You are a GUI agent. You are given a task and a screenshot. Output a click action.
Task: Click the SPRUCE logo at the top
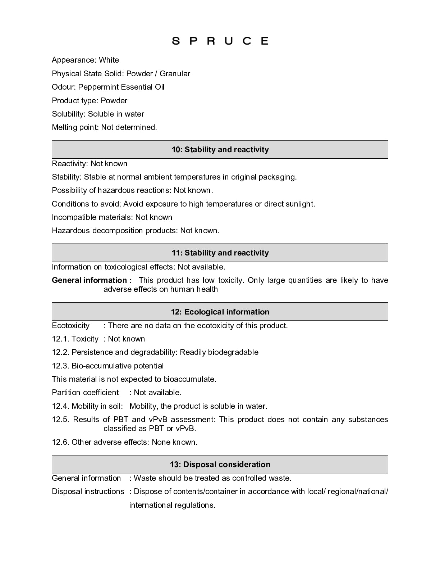220,41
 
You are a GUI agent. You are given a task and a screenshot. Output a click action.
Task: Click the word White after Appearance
109,60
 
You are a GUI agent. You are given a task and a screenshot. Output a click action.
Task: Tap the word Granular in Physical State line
175,74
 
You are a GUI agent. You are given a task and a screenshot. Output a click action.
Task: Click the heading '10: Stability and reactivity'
220,150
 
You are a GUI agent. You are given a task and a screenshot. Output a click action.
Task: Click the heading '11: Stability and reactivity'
220,253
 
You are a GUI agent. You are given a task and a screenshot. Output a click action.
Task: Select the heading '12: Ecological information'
220,312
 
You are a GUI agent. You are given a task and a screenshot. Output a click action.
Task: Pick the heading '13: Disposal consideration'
220,465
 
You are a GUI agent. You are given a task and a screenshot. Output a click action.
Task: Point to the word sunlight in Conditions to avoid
300,204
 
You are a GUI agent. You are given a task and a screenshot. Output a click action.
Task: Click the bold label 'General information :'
92,280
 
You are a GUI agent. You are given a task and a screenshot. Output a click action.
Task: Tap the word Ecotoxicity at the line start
71,326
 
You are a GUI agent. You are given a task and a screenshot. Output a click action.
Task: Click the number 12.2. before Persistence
61,352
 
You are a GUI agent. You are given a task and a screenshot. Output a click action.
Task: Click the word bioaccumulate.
189,379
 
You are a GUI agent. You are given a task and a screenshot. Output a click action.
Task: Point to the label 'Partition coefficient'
85,393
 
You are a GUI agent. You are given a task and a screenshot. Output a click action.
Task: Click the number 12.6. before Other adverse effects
61,442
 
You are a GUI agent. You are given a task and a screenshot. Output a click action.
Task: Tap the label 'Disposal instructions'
88,492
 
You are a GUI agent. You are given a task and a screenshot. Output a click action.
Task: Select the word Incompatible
75,217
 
